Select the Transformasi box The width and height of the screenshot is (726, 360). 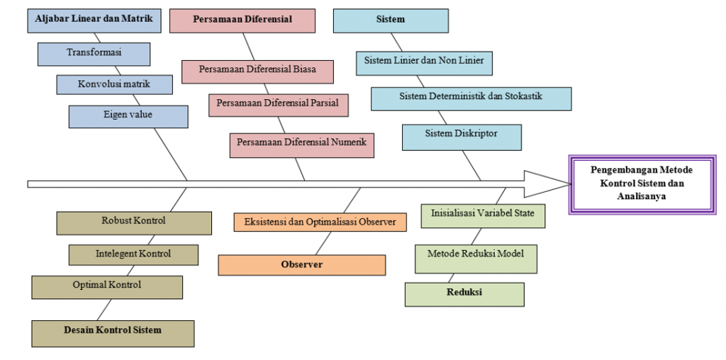[94, 54]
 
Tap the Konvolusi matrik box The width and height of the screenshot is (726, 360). [115, 84]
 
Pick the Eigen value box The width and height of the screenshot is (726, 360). [128, 116]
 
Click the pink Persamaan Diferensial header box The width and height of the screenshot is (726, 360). [242, 21]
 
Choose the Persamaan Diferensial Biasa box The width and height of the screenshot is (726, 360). [257, 71]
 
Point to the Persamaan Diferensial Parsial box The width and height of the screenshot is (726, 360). [278, 104]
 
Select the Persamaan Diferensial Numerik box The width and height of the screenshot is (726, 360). [301, 145]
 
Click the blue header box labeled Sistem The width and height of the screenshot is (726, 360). [391, 21]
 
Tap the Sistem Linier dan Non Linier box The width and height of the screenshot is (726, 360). [424, 62]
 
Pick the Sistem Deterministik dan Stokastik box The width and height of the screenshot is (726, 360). [471, 99]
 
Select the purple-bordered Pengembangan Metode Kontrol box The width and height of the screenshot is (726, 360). [642, 184]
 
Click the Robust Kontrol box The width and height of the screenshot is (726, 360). [134, 223]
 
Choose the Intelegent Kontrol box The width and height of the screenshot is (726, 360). [133, 254]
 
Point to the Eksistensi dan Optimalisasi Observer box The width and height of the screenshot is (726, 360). [320, 222]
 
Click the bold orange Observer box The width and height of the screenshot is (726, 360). [301, 265]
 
